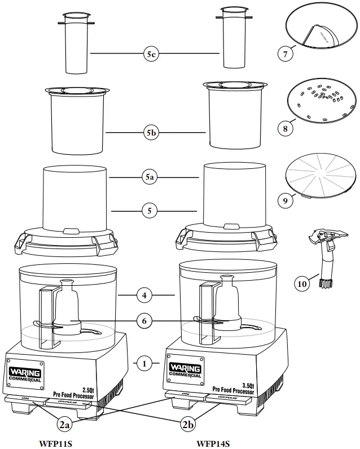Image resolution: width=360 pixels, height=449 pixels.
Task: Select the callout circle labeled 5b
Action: (149, 133)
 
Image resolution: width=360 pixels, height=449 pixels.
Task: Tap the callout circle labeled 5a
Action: (149, 177)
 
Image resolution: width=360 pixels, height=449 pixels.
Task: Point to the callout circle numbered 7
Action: (286, 55)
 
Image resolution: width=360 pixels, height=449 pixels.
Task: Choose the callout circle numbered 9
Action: (286, 199)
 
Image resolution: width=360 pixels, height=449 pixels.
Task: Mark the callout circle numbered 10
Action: (302, 284)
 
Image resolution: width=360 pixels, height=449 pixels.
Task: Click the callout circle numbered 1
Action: (144, 364)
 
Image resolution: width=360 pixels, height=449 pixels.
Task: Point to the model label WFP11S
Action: (56, 443)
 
